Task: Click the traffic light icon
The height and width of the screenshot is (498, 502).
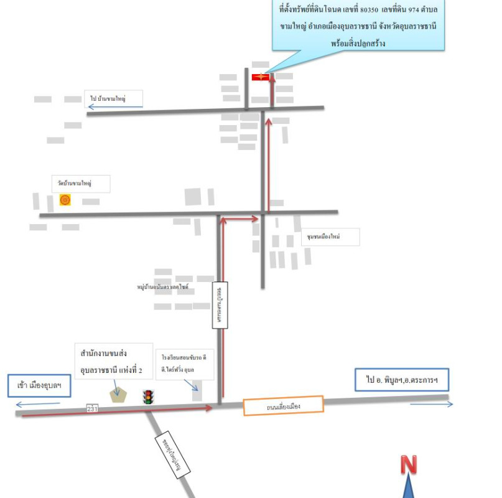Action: click(148, 397)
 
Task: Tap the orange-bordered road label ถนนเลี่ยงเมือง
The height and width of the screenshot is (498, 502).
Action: click(283, 406)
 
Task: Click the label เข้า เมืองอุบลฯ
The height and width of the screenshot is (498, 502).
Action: click(39, 385)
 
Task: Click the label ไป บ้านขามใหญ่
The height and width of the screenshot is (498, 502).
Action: click(114, 98)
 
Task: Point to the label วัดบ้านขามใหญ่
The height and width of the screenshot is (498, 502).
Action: click(81, 184)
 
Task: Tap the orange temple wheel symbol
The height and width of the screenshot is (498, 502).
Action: click(65, 200)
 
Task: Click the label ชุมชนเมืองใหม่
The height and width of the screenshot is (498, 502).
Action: click(331, 237)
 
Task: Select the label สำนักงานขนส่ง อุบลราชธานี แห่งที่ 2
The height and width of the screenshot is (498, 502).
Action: click(113, 362)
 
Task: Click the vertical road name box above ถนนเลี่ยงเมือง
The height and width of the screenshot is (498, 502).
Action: click(221, 305)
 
